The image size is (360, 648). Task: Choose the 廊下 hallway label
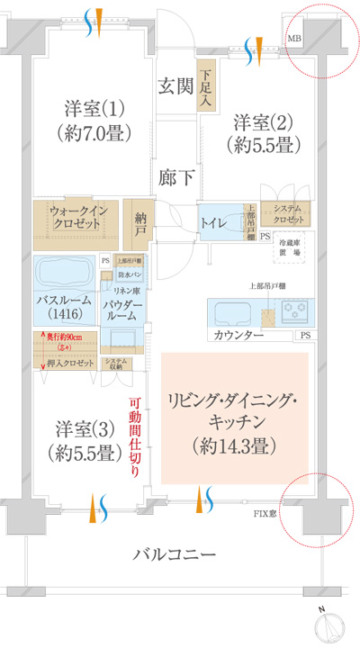click(x=175, y=177)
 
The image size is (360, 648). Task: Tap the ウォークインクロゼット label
click(x=80, y=216)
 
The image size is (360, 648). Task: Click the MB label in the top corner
click(x=294, y=39)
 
